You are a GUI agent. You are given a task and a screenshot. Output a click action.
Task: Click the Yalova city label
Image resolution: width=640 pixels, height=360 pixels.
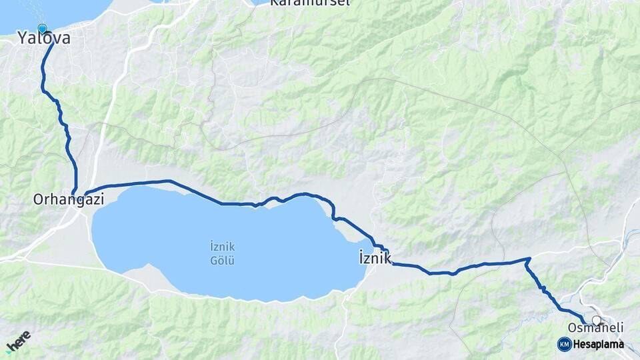click(44, 39)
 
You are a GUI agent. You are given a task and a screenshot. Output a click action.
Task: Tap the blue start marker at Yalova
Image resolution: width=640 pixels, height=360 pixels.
click(43, 29)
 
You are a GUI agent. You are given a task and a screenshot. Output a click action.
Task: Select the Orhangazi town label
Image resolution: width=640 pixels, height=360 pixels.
click(69, 199)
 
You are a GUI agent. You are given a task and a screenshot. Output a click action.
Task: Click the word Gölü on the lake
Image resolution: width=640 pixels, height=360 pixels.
click(223, 261)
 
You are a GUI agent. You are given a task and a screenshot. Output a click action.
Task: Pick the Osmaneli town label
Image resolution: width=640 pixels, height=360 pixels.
click(595, 327)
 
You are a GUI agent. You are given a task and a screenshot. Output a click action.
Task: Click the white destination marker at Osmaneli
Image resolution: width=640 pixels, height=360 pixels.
click(596, 320)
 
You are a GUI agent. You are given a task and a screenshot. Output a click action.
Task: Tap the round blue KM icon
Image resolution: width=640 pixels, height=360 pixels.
click(564, 344)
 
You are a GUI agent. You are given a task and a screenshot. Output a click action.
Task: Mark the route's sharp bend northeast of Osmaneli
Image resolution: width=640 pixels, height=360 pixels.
click(529, 259)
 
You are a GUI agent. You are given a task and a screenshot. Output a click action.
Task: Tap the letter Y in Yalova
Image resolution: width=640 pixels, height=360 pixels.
click(22, 39)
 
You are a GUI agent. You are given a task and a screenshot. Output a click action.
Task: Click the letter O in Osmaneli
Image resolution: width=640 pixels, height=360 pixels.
click(572, 327)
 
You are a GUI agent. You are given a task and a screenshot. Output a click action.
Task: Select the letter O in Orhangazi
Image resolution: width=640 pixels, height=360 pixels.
click(38, 199)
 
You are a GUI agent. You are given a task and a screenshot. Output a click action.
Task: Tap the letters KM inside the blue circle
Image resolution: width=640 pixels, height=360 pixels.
click(564, 344)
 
